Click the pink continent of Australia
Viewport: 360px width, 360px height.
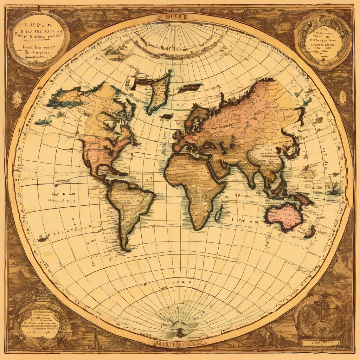pos(284,217)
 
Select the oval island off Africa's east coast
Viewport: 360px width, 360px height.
pos(218,213)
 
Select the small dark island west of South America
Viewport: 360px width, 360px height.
pos(42,239)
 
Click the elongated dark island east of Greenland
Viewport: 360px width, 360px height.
pos(190,88)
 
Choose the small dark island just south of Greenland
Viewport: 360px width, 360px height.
pos(168,116)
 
